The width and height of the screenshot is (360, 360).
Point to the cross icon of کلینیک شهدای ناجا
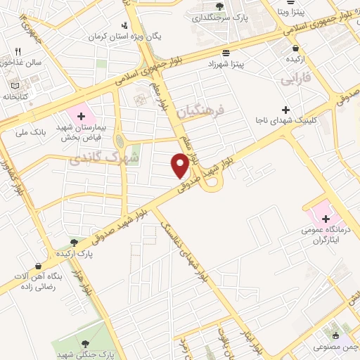(x=285, y=110)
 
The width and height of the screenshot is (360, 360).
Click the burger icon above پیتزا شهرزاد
(x=225, y=53)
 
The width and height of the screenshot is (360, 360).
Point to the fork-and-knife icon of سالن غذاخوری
(x=18, y=51)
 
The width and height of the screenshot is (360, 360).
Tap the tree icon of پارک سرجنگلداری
(x=220, y=6)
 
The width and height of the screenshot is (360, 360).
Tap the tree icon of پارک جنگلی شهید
(x=86, y=343)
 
